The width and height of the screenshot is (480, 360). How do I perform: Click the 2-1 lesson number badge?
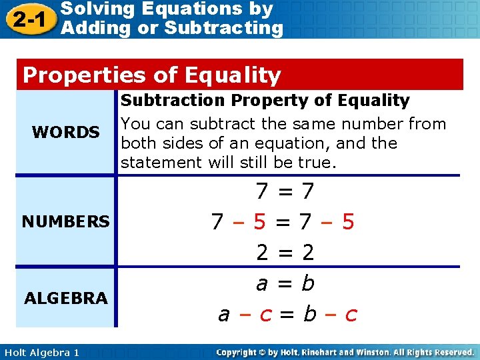coord(29,18)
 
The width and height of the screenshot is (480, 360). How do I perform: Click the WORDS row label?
coord(65,133)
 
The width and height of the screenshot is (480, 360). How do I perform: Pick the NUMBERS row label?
coord(65,221)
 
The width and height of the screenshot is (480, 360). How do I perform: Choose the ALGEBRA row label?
coord(65,298)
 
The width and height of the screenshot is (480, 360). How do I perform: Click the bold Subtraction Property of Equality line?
coord(265,101)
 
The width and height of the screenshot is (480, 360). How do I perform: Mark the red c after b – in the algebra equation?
coord(351,314)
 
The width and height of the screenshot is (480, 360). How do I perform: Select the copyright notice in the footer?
coord(345,351)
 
